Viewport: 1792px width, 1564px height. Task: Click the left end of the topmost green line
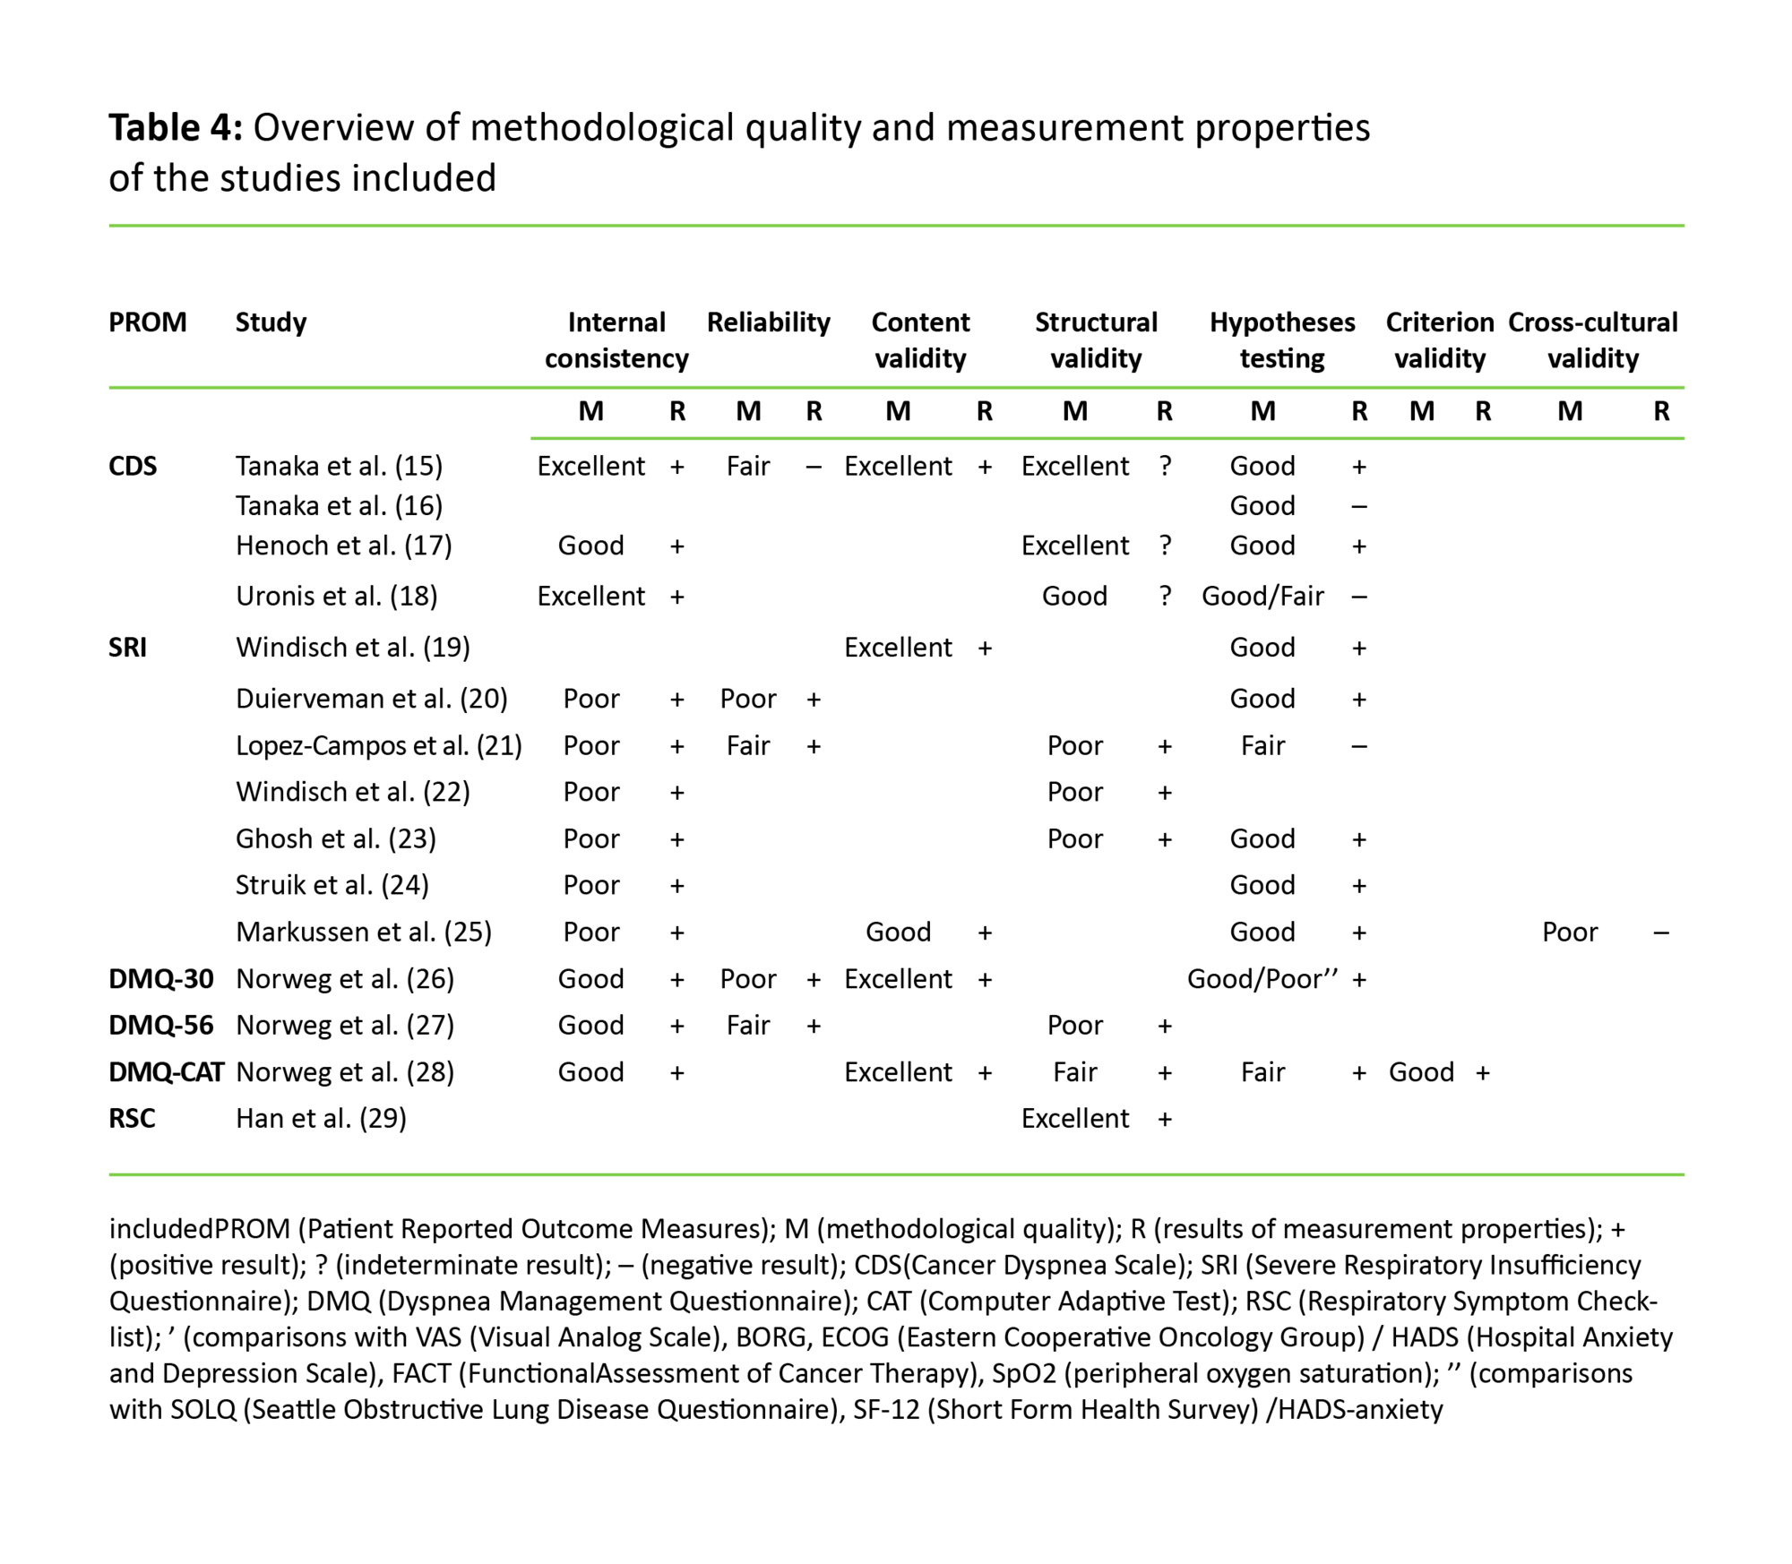[x=109, y=226]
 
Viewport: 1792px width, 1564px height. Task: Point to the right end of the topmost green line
[x=1684, y=226]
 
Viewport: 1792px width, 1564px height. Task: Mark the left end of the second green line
[x=109, y=387]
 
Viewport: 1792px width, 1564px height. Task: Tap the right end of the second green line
[x=1684, y=387]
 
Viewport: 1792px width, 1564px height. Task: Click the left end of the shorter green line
[x=530, y=438]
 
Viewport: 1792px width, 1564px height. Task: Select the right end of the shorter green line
[x=1684, y=438]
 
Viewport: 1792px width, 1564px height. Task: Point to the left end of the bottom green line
[x=109, y=1174]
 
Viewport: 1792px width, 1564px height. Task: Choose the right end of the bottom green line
[x=1684, y=1174]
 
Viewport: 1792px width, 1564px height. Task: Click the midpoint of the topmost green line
[x=897, y=226]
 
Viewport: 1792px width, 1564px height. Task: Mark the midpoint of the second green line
[x=897, y=387]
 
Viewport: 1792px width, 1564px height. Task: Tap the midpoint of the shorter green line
[x=1107, y=438]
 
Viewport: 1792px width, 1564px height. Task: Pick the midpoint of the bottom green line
[x=897, y=1174]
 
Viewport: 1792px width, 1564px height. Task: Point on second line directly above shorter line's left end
[x=530, y=387]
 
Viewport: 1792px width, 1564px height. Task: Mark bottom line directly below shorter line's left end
[x=530, y=1174]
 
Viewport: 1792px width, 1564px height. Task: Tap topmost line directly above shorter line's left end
[x=530, y=226]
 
